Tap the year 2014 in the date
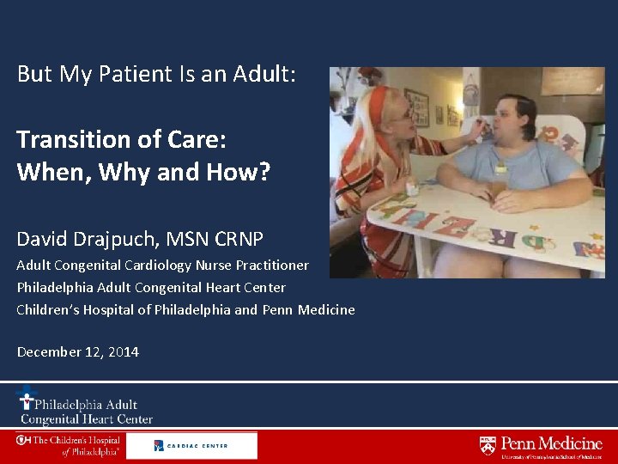pos(123,352)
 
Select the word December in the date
pos(47,352)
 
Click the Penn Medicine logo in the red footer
pos(541,446)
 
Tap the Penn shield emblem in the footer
pos(488,445)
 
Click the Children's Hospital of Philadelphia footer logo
pos(69,445)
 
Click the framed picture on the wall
pos(417,107)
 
